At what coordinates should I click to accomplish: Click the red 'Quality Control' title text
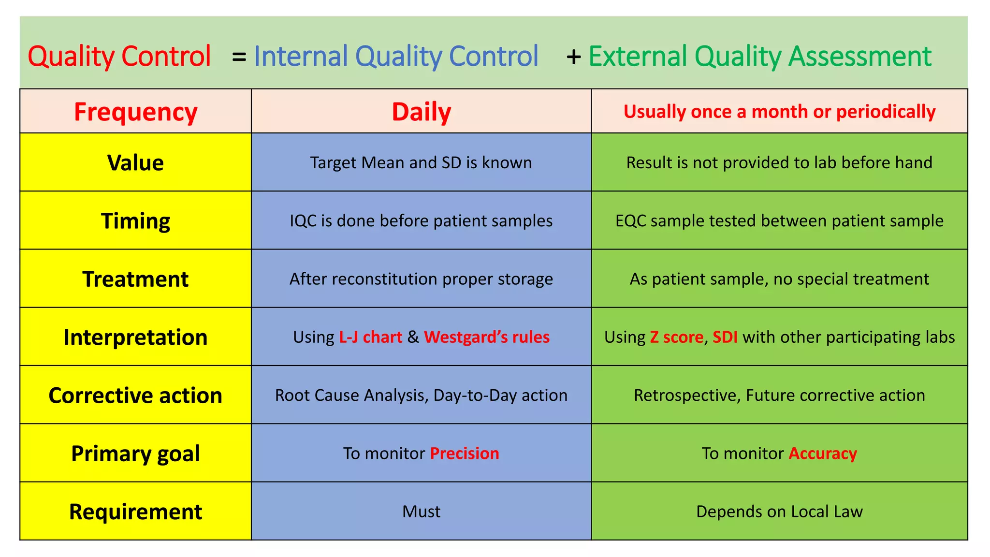click(x=119, y=56)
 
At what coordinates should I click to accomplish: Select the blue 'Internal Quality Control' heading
click(x=395, y=56)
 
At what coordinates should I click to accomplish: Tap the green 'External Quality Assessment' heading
click(x=759, y=56)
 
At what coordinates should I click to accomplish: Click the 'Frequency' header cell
click(x=135, y=112)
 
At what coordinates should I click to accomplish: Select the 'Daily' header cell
click(x=421, y=112)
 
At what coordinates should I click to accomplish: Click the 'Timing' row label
click(x=135, y=220)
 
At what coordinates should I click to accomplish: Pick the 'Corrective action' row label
click(x=135, y=395)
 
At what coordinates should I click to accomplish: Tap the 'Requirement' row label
click(x=135, y=512)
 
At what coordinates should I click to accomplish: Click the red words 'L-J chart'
click(x=370, y=337)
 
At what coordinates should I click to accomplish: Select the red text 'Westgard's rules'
click(x=486, y=337)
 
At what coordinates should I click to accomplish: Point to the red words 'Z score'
click(x=676, y=337)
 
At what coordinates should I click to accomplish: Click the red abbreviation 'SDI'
click(x=725, y=337)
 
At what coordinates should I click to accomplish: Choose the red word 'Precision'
click(x=464, y=454)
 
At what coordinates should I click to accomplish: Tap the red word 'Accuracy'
click(x=822, y=454)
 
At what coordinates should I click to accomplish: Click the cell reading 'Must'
click(x=421, y=512)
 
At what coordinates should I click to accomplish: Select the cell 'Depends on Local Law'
click(x=779, y=512)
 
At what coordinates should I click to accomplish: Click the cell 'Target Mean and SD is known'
click(x=421, y=162)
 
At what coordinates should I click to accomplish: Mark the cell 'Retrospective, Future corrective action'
click(x=779, y=395)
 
